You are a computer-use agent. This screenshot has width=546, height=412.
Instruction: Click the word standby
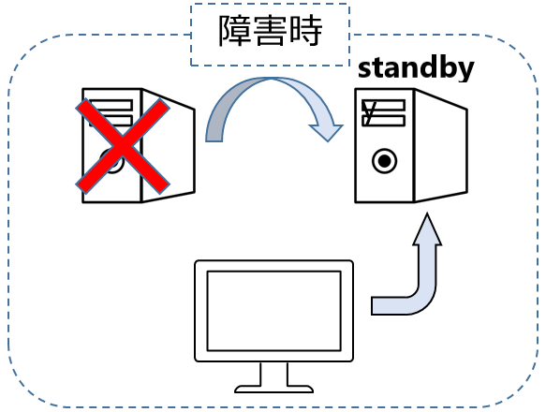(x=416, y=69)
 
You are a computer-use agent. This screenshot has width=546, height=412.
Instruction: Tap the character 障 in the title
(x=235, y=31)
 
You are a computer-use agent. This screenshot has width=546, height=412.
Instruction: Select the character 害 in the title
(x=270, y=31)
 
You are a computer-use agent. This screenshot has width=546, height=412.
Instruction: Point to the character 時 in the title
(x=305, y=31)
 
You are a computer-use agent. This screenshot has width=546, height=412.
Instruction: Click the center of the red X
(x=123, y=146)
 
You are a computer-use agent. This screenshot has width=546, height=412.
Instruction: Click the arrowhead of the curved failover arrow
(x=326, y=133)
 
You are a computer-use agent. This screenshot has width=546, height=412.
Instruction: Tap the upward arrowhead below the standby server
(x=427, y=229)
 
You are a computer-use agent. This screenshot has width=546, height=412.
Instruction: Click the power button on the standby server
(x=384, y=161)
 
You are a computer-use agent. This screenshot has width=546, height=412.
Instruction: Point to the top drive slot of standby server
(x=383, y=105)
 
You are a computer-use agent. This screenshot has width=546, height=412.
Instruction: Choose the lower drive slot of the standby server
(x=383, y=121)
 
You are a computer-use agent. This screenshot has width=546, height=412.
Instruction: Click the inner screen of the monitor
(x=274, y=311)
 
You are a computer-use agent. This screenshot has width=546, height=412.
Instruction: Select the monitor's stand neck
(x=274, y=374)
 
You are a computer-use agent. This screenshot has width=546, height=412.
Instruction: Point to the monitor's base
(x=274, y=389)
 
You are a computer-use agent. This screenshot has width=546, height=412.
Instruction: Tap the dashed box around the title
(x=270, y=4)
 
